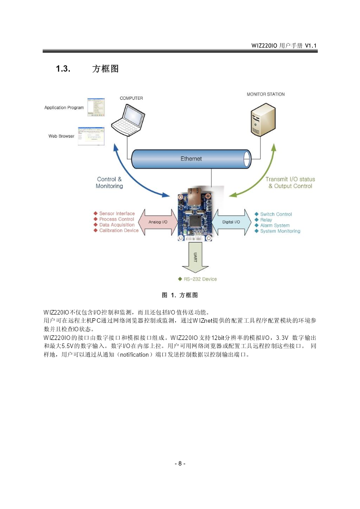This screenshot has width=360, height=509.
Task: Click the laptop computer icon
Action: (x=128, y=119)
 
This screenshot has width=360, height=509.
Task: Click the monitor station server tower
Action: (x=263, y=120)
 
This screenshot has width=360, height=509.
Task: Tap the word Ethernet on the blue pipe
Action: (x=191, y=159)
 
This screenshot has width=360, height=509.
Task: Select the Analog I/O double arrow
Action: (x=158, y=222)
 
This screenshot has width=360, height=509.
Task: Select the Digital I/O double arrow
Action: (x=231, y=222)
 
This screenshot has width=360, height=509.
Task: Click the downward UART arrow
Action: (x=195, y=258)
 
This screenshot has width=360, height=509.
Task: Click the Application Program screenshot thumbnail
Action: (x=96, y=107)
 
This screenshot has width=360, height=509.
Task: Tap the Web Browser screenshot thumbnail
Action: (x=91, y=136)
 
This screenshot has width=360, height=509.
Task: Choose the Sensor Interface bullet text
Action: (x=117, y=213)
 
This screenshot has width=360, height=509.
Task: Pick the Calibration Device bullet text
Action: (x=119, y=231)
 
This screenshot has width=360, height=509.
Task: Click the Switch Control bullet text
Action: (x=276, y=214)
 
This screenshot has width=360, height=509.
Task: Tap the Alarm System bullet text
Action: (x=275, y=225)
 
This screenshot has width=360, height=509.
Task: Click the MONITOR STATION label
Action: (x=266, y=94)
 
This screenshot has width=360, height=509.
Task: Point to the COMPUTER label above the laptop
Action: (x=131, y=98)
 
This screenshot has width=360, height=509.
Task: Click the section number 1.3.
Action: (x=63, y=69)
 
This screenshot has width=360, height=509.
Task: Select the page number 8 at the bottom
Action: (x=180, y=464)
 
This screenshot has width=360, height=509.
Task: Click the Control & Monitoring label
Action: (x=109, y=183)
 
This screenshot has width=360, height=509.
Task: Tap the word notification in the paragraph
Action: (x=134, y=355)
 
